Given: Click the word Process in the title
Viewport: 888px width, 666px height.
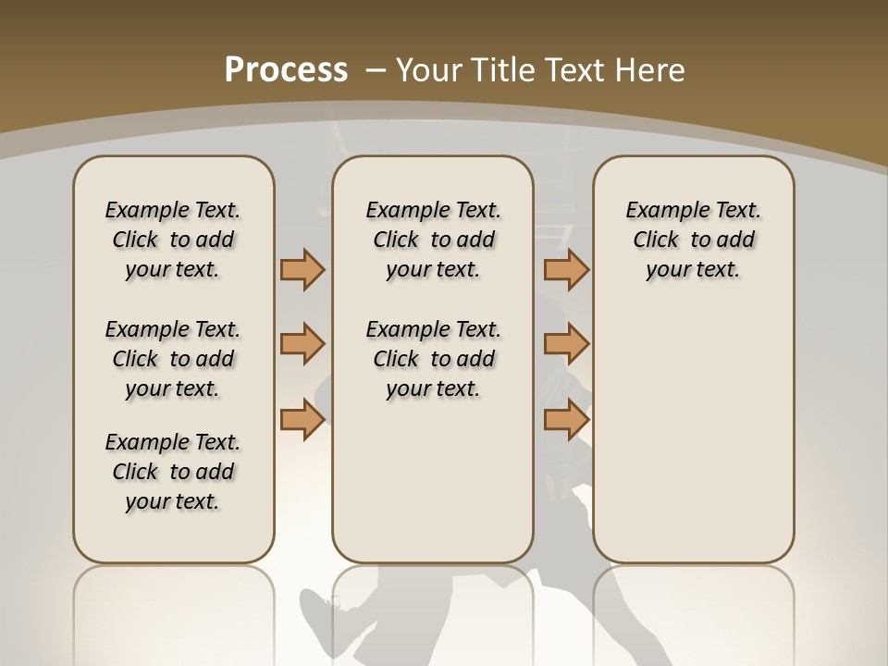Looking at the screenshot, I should [286, 70].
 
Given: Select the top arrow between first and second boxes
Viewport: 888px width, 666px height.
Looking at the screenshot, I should [302, 269].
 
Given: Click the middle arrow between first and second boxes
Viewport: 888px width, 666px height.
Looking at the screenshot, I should [302, 344].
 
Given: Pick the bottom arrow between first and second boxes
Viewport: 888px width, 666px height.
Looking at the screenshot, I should [302, 419].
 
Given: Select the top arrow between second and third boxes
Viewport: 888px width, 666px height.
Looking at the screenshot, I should [566, 269].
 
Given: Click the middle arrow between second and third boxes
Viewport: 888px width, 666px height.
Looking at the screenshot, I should [566, 344].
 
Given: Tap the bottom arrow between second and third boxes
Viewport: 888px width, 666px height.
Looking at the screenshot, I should [566, 419].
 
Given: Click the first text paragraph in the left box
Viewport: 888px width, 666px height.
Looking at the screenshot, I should [173, 240].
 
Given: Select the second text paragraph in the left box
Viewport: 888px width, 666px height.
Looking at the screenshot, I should [173, 359].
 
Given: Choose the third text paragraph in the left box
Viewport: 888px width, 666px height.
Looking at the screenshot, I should [173, 472].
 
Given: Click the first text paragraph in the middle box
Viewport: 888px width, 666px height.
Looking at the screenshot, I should [433, 240].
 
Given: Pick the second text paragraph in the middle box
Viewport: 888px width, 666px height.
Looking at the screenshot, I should [433, 359].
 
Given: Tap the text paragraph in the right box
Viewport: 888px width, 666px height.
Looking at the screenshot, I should [693, 240].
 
